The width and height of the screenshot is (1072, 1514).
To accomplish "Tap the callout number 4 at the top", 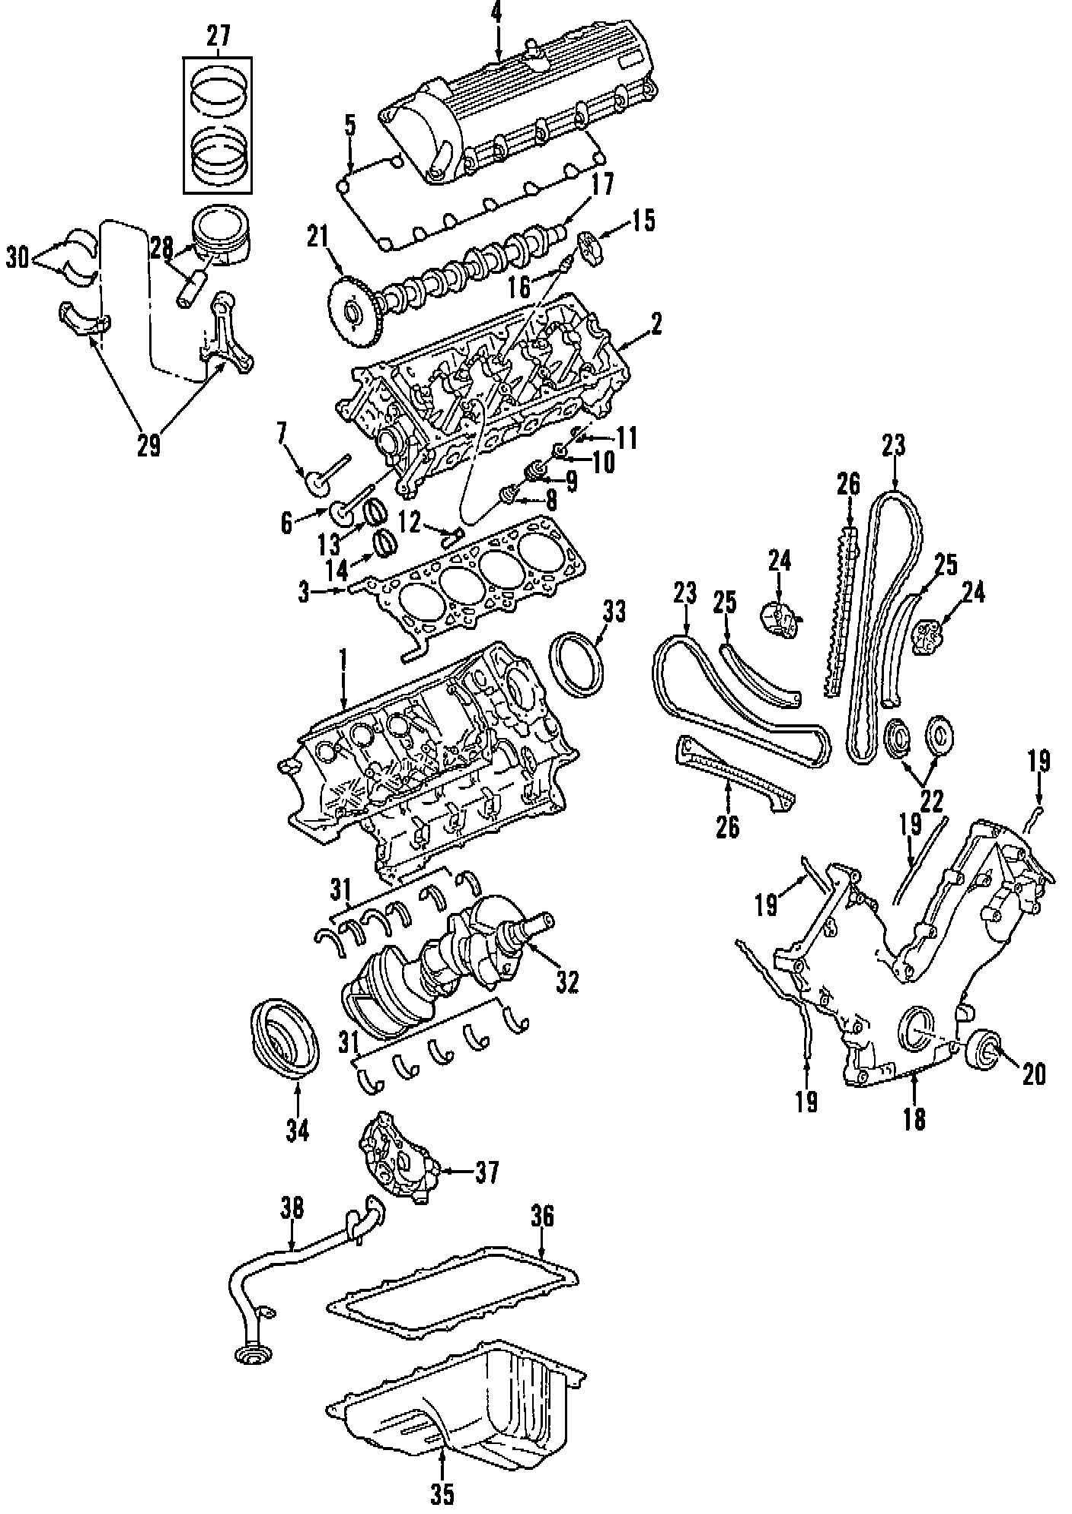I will pyautogui.click(x=496, y=12).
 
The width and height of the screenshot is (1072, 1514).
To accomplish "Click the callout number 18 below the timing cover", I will pyautogui.click(x=914, y=1118).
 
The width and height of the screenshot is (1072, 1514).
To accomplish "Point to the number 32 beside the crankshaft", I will pyautogui.click(x=567, y=981).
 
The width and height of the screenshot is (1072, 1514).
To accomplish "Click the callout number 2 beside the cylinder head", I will pyautogui.click(x=656, y=325).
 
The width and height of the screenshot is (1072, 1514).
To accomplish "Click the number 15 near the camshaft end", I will pyautogui.click(x=643, y=221).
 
